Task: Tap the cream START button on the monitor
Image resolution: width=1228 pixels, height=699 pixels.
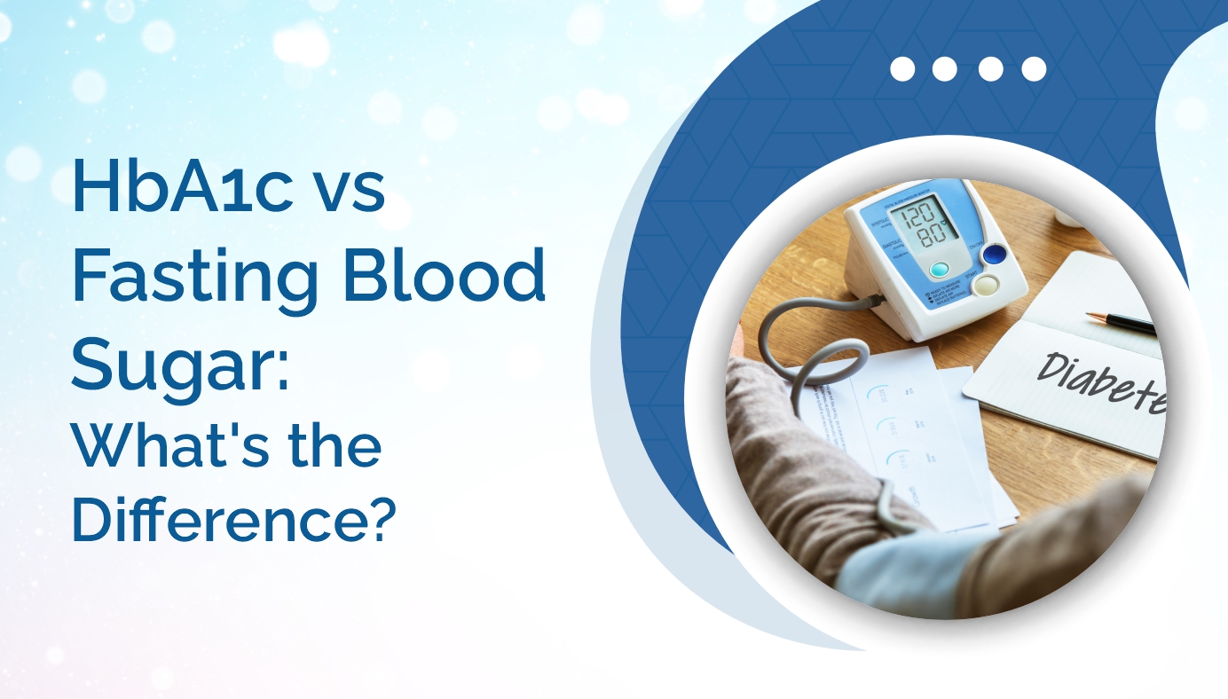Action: pos(987,284)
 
